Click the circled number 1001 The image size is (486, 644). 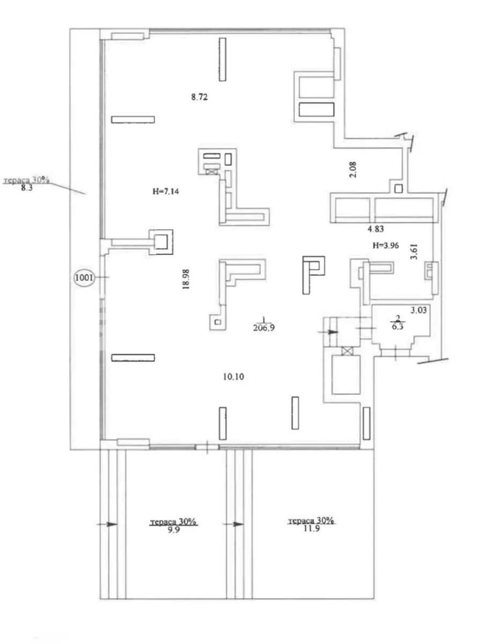84,277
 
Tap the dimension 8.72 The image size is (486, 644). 200,97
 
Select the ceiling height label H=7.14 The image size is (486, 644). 166,192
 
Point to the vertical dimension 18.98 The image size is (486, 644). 186,279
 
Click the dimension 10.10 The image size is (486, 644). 233,376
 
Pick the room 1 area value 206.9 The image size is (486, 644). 264,328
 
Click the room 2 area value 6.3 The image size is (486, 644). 397,326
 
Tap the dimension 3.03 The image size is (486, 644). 418,310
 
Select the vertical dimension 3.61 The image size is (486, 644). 414,252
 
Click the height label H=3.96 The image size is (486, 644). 386,245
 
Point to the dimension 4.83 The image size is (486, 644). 375,229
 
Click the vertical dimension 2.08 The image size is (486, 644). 353,170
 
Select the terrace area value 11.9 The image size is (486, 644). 311,529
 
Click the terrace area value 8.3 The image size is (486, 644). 27,188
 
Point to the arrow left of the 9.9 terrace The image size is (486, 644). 107,524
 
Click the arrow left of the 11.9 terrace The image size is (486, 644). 233,524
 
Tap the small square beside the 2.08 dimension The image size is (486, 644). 399,188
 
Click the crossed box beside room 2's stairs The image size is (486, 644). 348,351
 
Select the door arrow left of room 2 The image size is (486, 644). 328,332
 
